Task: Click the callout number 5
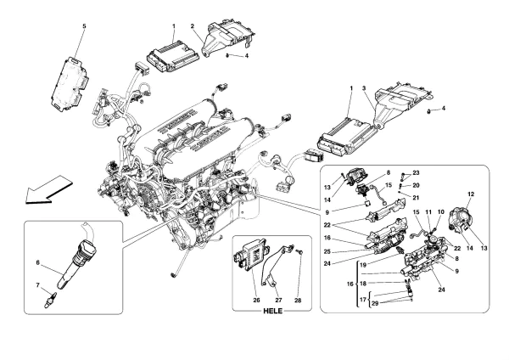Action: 84,26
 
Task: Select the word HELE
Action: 272,311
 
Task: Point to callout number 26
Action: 256,301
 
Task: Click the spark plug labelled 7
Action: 52,300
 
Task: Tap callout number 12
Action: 471,194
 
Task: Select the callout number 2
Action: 193,26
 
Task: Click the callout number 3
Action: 364,88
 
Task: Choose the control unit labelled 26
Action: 251,255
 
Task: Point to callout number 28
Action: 298,301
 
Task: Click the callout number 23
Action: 417,173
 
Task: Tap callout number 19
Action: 363,264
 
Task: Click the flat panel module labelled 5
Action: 69,84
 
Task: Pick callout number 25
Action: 327,251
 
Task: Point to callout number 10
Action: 440,212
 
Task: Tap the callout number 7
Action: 37,285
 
